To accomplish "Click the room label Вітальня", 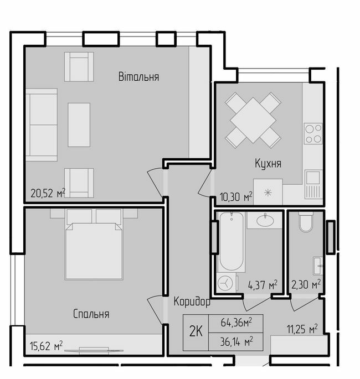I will tap(138, 77).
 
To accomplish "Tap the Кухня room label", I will tap(268, 164).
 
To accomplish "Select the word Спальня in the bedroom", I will tap(91, 314).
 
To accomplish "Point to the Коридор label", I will tap(192, 302).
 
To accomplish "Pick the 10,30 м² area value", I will tap(236, 196).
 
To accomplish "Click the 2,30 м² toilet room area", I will tap(308, 285).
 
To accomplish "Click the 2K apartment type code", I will tap(196, 332).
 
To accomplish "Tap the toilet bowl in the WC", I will tap(305, 225).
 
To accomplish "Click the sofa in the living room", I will tap(42, 124).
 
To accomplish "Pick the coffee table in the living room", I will tap(79, 124).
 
